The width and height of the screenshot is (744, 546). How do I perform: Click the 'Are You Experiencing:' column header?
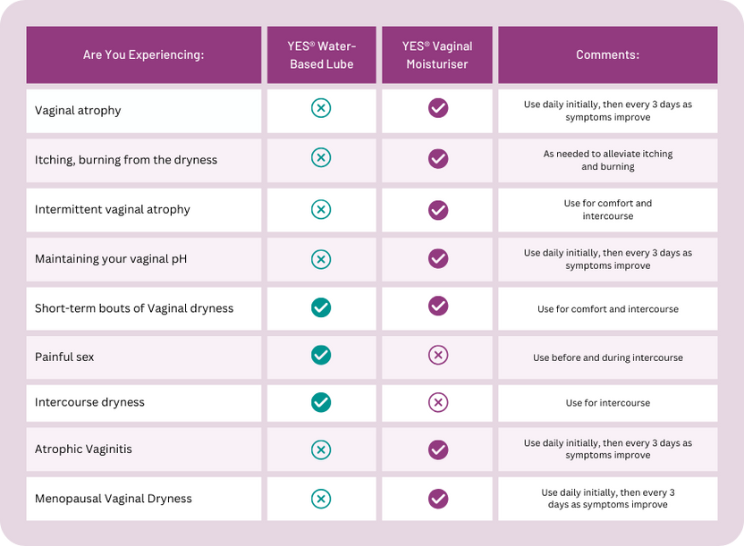coord(143,55)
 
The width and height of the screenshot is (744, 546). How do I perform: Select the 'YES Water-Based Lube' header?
coord(321,55)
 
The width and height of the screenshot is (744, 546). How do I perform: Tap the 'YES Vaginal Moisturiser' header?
coord(436,55)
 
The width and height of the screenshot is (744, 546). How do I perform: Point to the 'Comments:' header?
coord(607,55)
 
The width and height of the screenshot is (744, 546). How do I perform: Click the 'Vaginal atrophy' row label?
coord(78,111)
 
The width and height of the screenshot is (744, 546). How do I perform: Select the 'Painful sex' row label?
coord(64,357)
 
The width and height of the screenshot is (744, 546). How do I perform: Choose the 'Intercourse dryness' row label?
coord(89,402)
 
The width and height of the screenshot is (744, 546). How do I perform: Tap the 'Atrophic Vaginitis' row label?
coord(83,449)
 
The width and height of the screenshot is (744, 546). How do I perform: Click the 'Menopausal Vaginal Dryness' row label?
coord(114,499)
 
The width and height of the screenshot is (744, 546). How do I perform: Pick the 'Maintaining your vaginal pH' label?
coord(111,259)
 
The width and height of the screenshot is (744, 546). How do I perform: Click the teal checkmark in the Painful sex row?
coord(321,355)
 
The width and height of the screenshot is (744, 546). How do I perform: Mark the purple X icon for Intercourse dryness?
coord(438,402)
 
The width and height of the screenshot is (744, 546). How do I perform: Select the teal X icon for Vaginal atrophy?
coord(321,108)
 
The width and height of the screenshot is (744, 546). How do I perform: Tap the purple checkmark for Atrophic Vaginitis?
coord(438,449)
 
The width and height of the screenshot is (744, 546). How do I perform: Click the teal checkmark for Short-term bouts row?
coord(321,307)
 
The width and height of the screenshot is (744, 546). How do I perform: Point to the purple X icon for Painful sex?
coord(438,355)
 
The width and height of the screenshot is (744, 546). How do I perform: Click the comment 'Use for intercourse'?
coord(607,403)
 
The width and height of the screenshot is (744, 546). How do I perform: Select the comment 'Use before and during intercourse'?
coord(607,357)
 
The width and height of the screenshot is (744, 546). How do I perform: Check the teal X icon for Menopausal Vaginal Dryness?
coord(321,499)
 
